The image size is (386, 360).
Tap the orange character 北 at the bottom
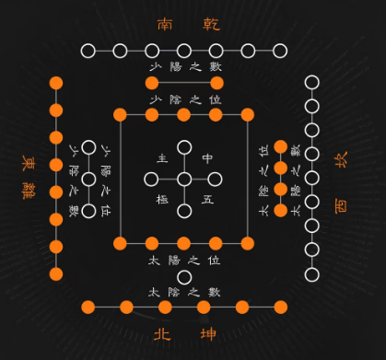pos(162,332)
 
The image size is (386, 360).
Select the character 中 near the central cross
pos(207,158)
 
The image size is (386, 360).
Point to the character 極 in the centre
pos(163,199)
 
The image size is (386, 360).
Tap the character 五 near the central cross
pos(207,199)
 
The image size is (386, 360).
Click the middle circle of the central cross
pos(184,179)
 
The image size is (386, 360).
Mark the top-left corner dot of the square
pos(120,114)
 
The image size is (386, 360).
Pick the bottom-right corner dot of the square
pos(248,243)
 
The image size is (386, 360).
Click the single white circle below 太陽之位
pos(184,276)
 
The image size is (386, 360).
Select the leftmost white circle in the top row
pos(87,51)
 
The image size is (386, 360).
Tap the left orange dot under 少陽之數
pos(152,84)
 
